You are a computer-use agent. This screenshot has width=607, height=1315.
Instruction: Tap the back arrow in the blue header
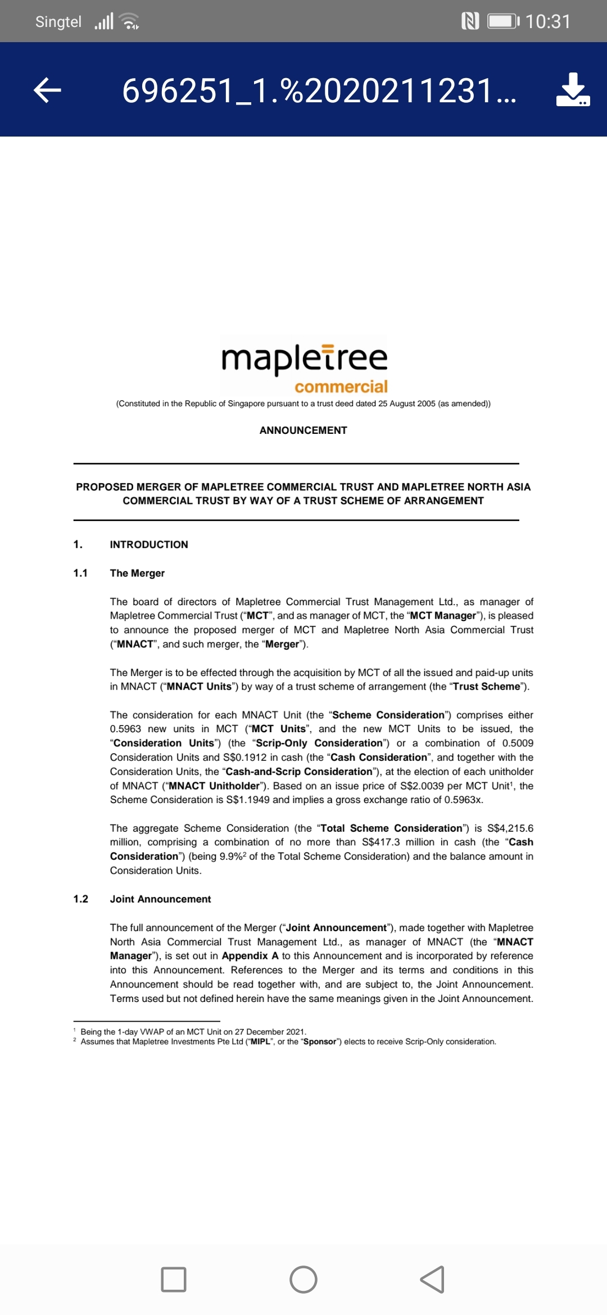point(48,90)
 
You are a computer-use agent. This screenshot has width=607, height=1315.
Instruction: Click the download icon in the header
point(573,90)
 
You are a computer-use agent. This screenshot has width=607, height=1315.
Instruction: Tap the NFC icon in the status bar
point(470,21)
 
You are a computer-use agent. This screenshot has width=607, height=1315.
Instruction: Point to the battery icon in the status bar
point(503,21)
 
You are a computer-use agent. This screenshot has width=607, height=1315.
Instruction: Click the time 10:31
point(548,21)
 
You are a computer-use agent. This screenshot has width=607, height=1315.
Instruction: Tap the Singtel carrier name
point(58,21)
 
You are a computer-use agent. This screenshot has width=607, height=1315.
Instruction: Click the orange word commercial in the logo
point(341,387)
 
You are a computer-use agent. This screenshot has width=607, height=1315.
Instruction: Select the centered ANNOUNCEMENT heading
point(303,430)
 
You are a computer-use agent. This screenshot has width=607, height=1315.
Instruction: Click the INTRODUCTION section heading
point(149,545)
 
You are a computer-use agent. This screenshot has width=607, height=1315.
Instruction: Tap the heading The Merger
point(137,573)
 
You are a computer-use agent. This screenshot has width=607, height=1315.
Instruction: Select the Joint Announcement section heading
point(160,899)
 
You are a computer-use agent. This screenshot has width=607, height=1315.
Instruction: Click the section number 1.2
point(80,899)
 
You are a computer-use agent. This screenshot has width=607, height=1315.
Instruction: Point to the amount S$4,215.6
point(510,828)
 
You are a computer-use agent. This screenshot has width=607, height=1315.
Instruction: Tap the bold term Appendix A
point(250,956)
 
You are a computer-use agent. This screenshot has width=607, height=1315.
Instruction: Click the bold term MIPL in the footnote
point(260,1042)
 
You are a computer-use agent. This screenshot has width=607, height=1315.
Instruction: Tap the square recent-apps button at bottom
point(174,1280)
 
